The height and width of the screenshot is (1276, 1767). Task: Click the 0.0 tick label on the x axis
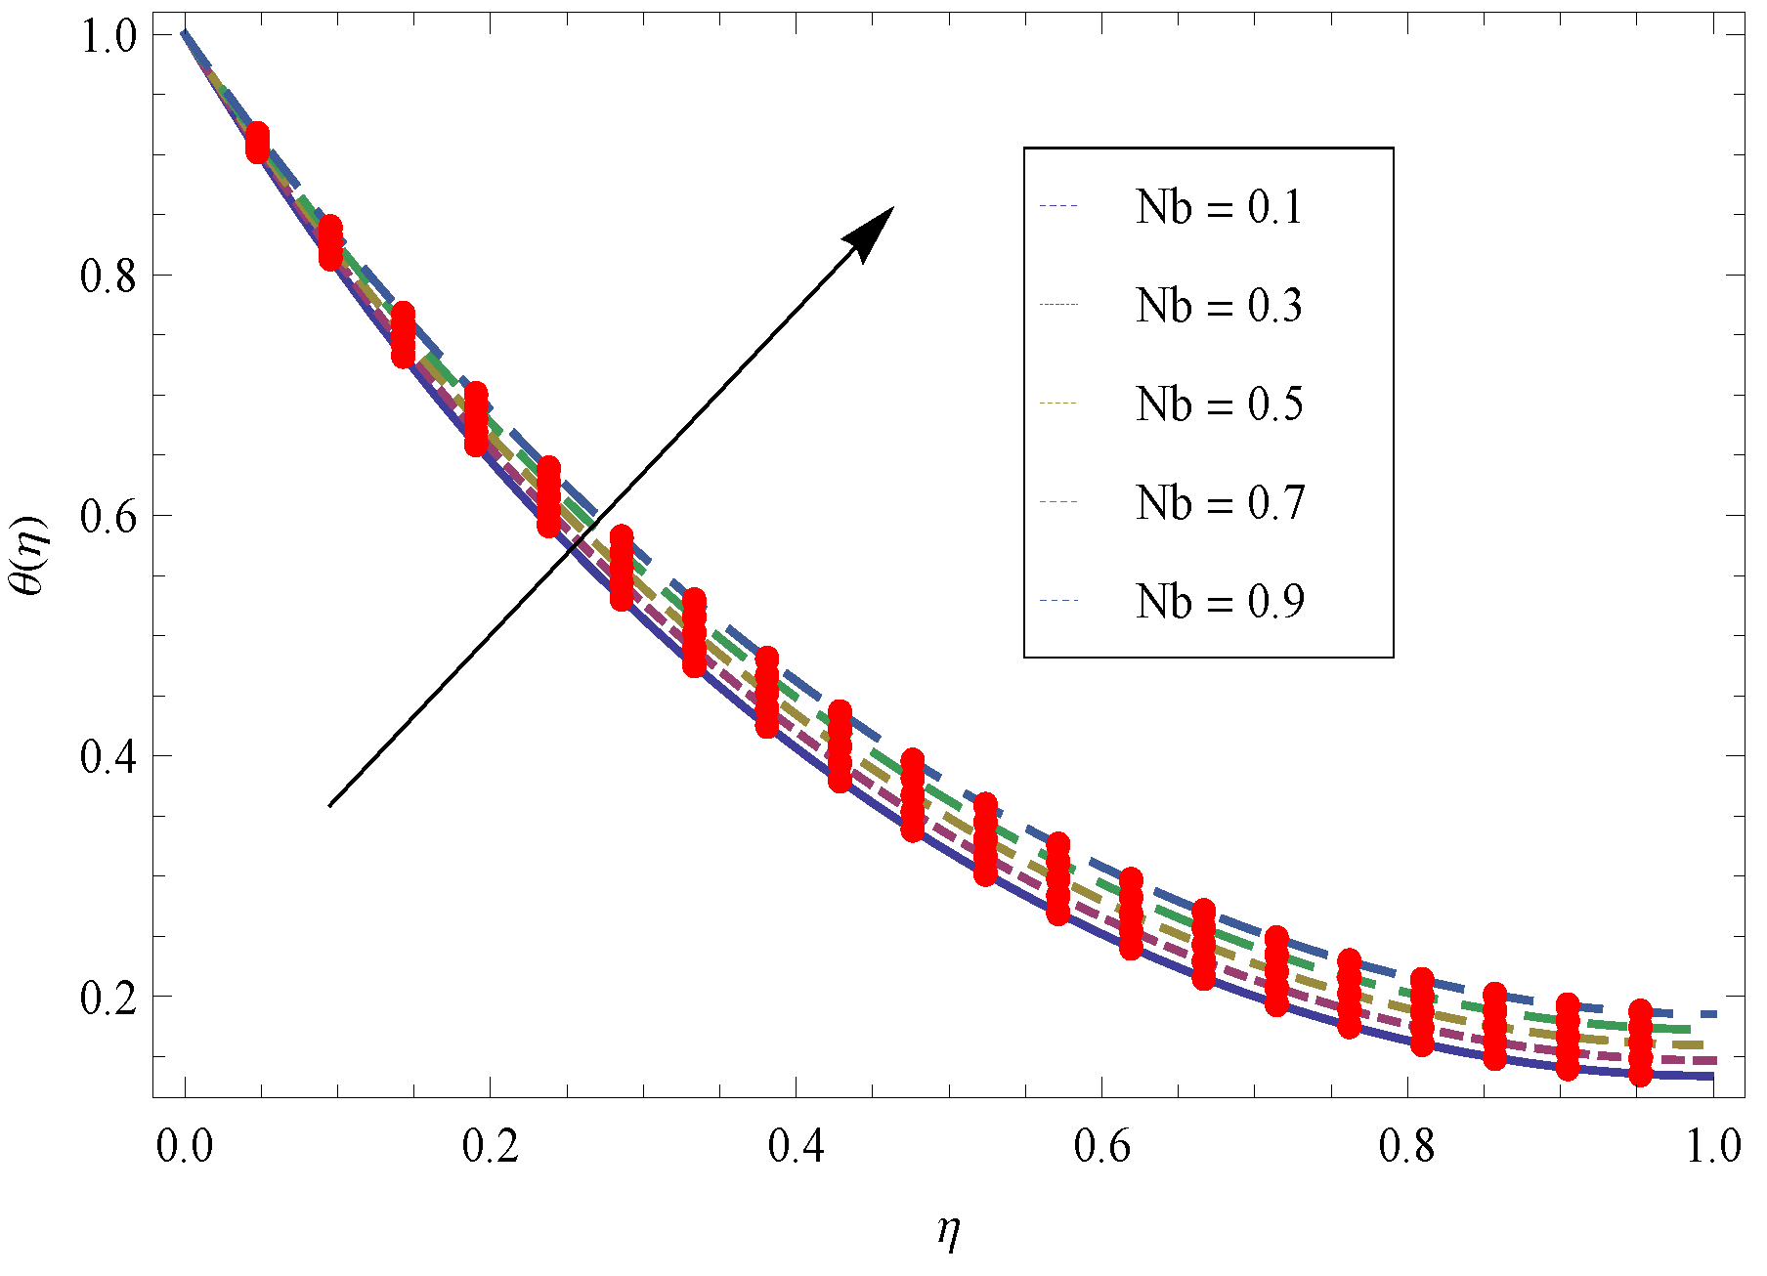185,1146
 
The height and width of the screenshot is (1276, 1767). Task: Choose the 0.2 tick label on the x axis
491,1146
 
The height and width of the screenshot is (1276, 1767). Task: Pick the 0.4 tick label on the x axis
797,1146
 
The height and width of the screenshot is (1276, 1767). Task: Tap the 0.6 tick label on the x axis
1102,1146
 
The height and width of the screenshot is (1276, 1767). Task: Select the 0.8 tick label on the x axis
1408,1146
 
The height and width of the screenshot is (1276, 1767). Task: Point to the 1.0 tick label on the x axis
1714,1146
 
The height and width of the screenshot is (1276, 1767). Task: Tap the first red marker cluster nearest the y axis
257,143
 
